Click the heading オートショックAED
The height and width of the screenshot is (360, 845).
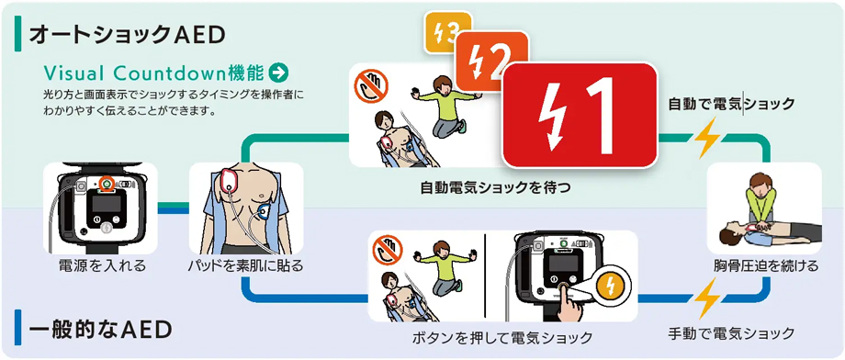(127, 35)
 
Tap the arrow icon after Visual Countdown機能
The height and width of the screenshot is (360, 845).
(278, 73)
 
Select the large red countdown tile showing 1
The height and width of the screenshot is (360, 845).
(580, 114)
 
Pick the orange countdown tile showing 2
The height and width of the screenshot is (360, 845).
(491, 55)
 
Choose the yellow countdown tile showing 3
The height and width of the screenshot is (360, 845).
(446, 31)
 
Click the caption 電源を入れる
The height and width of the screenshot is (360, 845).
(102, 265)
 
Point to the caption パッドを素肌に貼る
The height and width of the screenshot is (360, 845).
(246, 265)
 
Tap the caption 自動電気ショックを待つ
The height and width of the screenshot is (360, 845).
(495, 188)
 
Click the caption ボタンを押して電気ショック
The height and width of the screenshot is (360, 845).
(502, 338)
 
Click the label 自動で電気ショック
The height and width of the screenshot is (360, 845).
(731, 104)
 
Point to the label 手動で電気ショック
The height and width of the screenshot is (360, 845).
(731, 332)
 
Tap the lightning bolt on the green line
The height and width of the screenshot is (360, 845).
(706, 138)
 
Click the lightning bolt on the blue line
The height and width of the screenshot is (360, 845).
(706, 298)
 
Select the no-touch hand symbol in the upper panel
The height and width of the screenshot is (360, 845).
(371, 84)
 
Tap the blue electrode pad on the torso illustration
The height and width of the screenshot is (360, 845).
(265, 211)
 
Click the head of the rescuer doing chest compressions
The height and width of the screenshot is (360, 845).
(760, 182)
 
